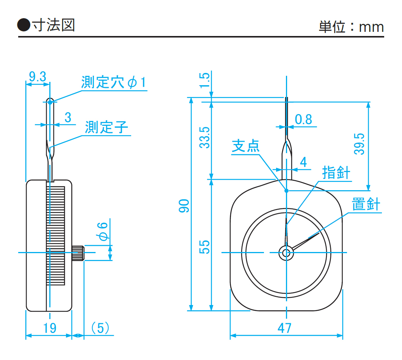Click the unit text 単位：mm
point(351,27)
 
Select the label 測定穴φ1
point(113,82)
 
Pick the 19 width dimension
point(48,327)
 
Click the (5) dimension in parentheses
point(100,327)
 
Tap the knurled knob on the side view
point(78,253)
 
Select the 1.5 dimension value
point(204,80)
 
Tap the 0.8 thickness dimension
point(303,119)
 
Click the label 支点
point(246,146)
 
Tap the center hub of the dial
point(287,253)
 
